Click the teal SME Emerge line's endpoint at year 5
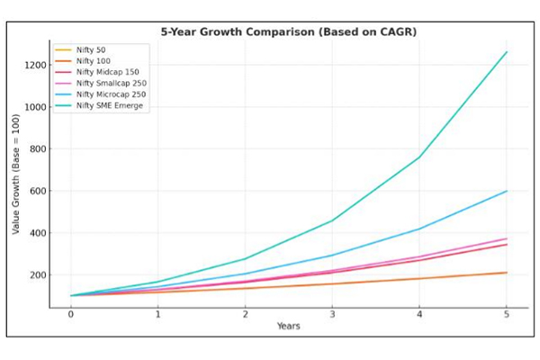click(x=506, y=52)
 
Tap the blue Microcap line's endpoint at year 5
click(x=506, y=191)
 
